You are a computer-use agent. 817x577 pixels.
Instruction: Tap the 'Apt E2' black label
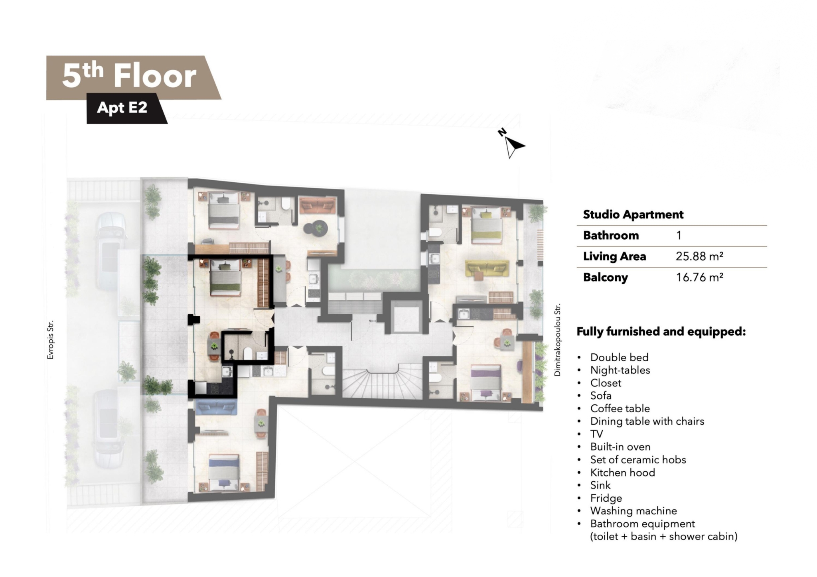122,107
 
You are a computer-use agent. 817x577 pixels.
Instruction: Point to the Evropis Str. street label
50,340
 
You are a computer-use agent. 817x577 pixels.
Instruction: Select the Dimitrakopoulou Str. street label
557,340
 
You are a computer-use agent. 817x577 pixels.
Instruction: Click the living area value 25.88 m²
699,256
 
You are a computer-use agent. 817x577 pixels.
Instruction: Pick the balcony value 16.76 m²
699,277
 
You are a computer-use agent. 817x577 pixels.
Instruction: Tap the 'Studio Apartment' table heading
633,215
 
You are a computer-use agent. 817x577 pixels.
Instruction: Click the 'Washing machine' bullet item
633,511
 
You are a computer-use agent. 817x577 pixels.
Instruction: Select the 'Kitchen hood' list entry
623,473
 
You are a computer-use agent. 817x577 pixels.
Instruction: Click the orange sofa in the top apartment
317,206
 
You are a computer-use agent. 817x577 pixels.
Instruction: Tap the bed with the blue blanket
224,473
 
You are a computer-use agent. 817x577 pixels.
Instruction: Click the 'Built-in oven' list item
620,447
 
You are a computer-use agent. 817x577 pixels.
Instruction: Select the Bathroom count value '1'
679,235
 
